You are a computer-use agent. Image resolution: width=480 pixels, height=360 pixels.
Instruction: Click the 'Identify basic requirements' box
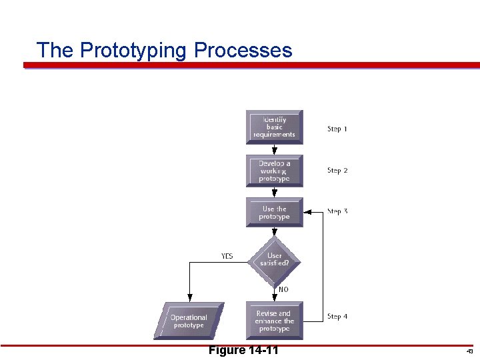[274, 127]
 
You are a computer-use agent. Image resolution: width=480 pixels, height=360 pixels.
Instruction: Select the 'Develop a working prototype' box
[274, 171]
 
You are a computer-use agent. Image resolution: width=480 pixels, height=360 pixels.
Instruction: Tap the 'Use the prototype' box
[274, 213]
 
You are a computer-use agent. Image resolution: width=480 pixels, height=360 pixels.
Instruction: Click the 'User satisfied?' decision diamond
[274, 259]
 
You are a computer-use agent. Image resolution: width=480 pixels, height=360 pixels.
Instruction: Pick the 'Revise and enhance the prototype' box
[274, 321]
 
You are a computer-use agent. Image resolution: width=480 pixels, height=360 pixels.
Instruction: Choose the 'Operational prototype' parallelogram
[189, 321]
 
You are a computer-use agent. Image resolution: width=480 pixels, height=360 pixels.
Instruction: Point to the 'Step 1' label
[337, 129]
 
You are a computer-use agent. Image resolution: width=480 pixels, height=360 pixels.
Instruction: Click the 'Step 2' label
[337, 171]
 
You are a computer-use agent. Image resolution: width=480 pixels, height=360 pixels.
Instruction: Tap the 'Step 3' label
[337, 211]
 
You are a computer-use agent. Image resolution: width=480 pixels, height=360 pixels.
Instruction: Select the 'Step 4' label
[337, 317]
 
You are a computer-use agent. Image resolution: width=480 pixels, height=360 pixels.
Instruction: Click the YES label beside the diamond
[227, 256]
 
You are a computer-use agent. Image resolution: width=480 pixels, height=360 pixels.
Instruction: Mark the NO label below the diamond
[283, 289]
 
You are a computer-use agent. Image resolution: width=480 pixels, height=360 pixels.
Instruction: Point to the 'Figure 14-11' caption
[243, 351]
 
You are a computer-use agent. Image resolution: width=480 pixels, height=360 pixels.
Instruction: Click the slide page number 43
[469, 351]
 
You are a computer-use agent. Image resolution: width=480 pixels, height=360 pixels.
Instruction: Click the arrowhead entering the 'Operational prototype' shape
[189, 298]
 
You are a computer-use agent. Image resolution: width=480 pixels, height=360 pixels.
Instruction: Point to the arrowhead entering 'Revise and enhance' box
[274, 298]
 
